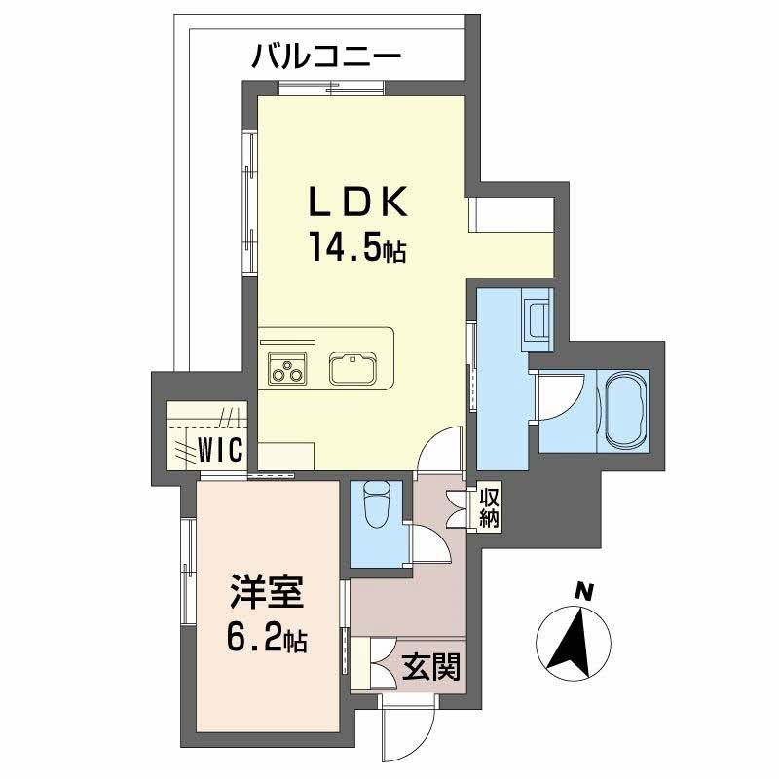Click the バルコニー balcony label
click(325, 55)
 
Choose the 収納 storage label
click(488, 507)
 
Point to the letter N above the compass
click(583, 590)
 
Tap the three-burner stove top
click(288, 369)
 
